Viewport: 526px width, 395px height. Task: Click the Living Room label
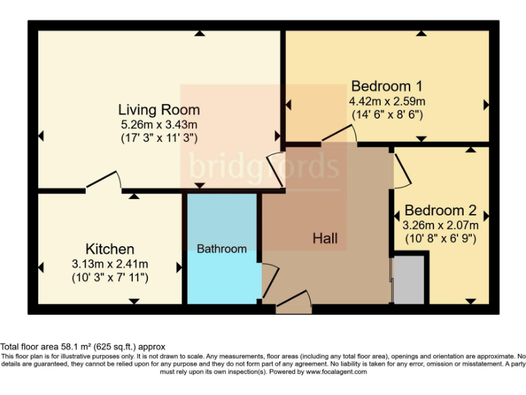click(x=159, y=109)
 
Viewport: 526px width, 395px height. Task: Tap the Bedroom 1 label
click(x=386, y=86)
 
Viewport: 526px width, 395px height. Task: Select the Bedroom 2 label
click(x=440, y=211)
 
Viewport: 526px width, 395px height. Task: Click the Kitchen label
click(x=110, y=248)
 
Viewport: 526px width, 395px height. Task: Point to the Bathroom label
click(x=221, y=249)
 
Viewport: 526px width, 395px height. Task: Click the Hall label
click(x=325, y=239)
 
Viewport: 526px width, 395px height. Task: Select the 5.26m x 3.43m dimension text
click(x=159, y=124)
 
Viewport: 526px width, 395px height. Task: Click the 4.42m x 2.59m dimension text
click(x=387, y=101)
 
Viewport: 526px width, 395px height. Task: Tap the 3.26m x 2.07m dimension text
click(x=440, y=225)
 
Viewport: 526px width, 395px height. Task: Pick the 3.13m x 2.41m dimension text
click(x=110, y=263)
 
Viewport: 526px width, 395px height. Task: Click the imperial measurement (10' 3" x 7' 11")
click(x=110, y=278)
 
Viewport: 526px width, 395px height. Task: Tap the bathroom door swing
click(x=270, y=278)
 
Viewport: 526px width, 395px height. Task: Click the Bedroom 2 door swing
click(x=402, y=170)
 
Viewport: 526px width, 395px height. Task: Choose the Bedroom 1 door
click(x=338, y=136)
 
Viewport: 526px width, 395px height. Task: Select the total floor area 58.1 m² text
click(x=83, y=347)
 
